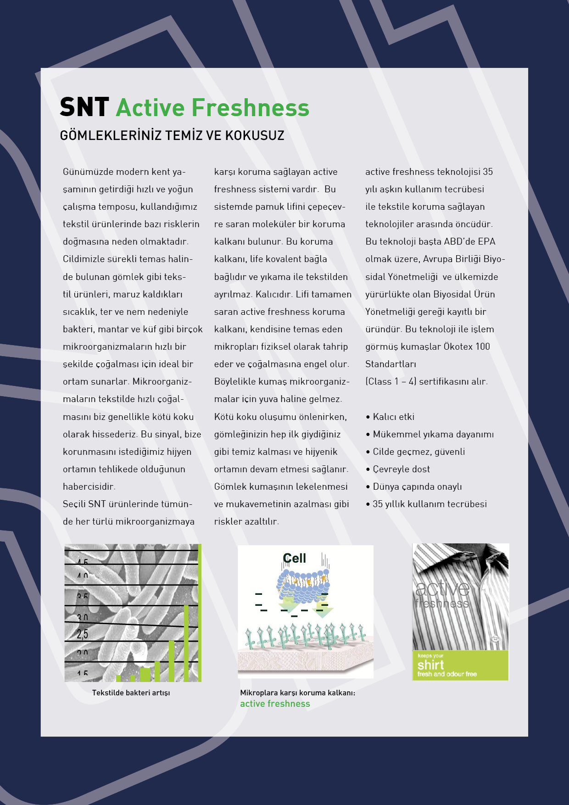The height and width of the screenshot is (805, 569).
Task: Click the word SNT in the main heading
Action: tap(84, 107)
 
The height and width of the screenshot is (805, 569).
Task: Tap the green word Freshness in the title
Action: tap(250, 107)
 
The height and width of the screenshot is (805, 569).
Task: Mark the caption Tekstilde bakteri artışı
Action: tap(131, 693)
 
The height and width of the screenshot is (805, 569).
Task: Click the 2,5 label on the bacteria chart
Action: tap(83, 634)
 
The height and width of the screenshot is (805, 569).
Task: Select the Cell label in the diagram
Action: tap(294, 558)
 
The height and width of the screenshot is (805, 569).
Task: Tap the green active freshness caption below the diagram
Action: tap(275, 704)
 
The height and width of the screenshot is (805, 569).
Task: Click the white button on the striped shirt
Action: tap(494, 638)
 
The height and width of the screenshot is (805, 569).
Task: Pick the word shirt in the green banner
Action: tap(430, 665)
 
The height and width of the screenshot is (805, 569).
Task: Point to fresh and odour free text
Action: tap(447, 674)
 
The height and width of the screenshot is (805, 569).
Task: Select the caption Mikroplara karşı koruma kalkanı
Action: tap(297, 693)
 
